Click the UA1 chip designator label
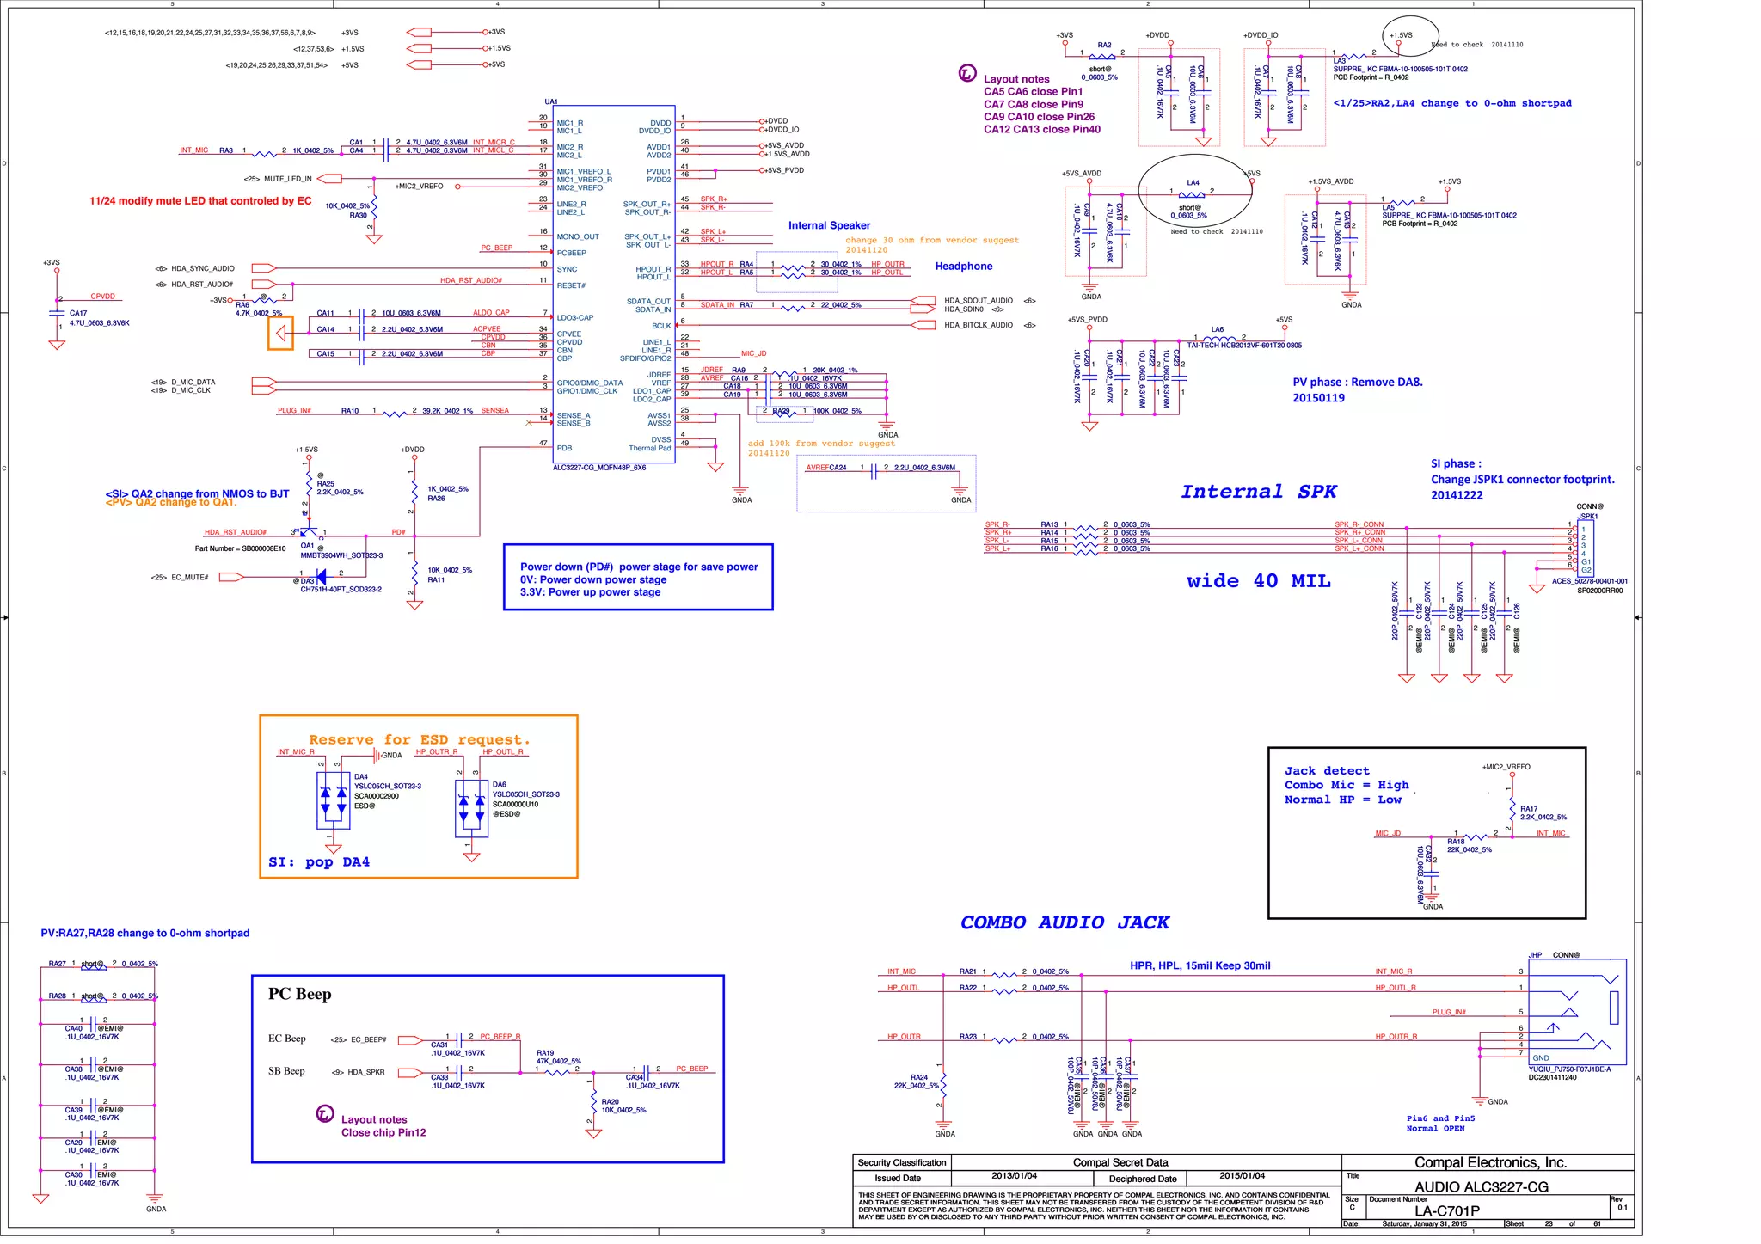(x=551, y=101)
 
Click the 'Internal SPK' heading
(x=1258, y=492)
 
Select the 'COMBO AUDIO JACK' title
(x=1065, y=922)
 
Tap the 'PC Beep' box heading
(x=299, y=994)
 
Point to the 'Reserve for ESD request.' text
(x=420, y=739)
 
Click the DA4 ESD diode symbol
(x=333, y=801)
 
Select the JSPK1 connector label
(x=1587, y=516)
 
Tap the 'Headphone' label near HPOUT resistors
(x=963, y=267)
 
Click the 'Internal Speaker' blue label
(x=829, y=225)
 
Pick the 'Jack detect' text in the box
(x=1327, y=771)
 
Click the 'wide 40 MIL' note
(x=1258, y=581)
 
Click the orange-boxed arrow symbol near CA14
(x=280, y=333)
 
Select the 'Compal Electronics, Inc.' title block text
(x=1490, y=1162)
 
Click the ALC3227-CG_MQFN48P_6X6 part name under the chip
(x=598, y=468)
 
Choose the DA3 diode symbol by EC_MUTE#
(x=321, y=577)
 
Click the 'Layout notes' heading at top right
(x=1016, y=79)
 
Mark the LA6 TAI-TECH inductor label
(x=1243, y=346)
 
